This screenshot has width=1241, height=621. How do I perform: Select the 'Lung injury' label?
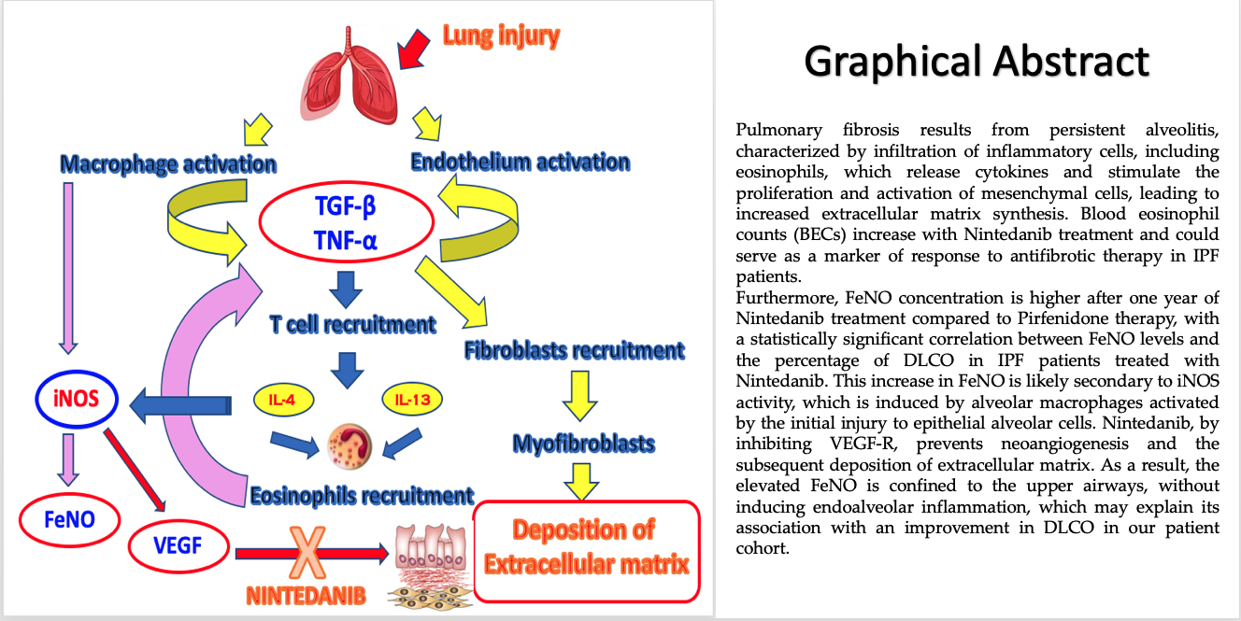501,36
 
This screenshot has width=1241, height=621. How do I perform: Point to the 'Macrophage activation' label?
168,164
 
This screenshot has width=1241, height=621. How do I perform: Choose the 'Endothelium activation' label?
520,162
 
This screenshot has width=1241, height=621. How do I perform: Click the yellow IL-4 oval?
280,400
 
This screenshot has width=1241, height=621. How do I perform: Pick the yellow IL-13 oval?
412,400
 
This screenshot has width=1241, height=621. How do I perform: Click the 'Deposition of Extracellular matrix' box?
587,550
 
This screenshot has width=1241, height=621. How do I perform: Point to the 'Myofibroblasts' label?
584,444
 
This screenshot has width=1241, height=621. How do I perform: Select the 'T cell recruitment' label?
352,324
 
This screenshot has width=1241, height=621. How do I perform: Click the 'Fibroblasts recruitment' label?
574,351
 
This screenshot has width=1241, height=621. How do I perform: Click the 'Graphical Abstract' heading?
977,62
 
